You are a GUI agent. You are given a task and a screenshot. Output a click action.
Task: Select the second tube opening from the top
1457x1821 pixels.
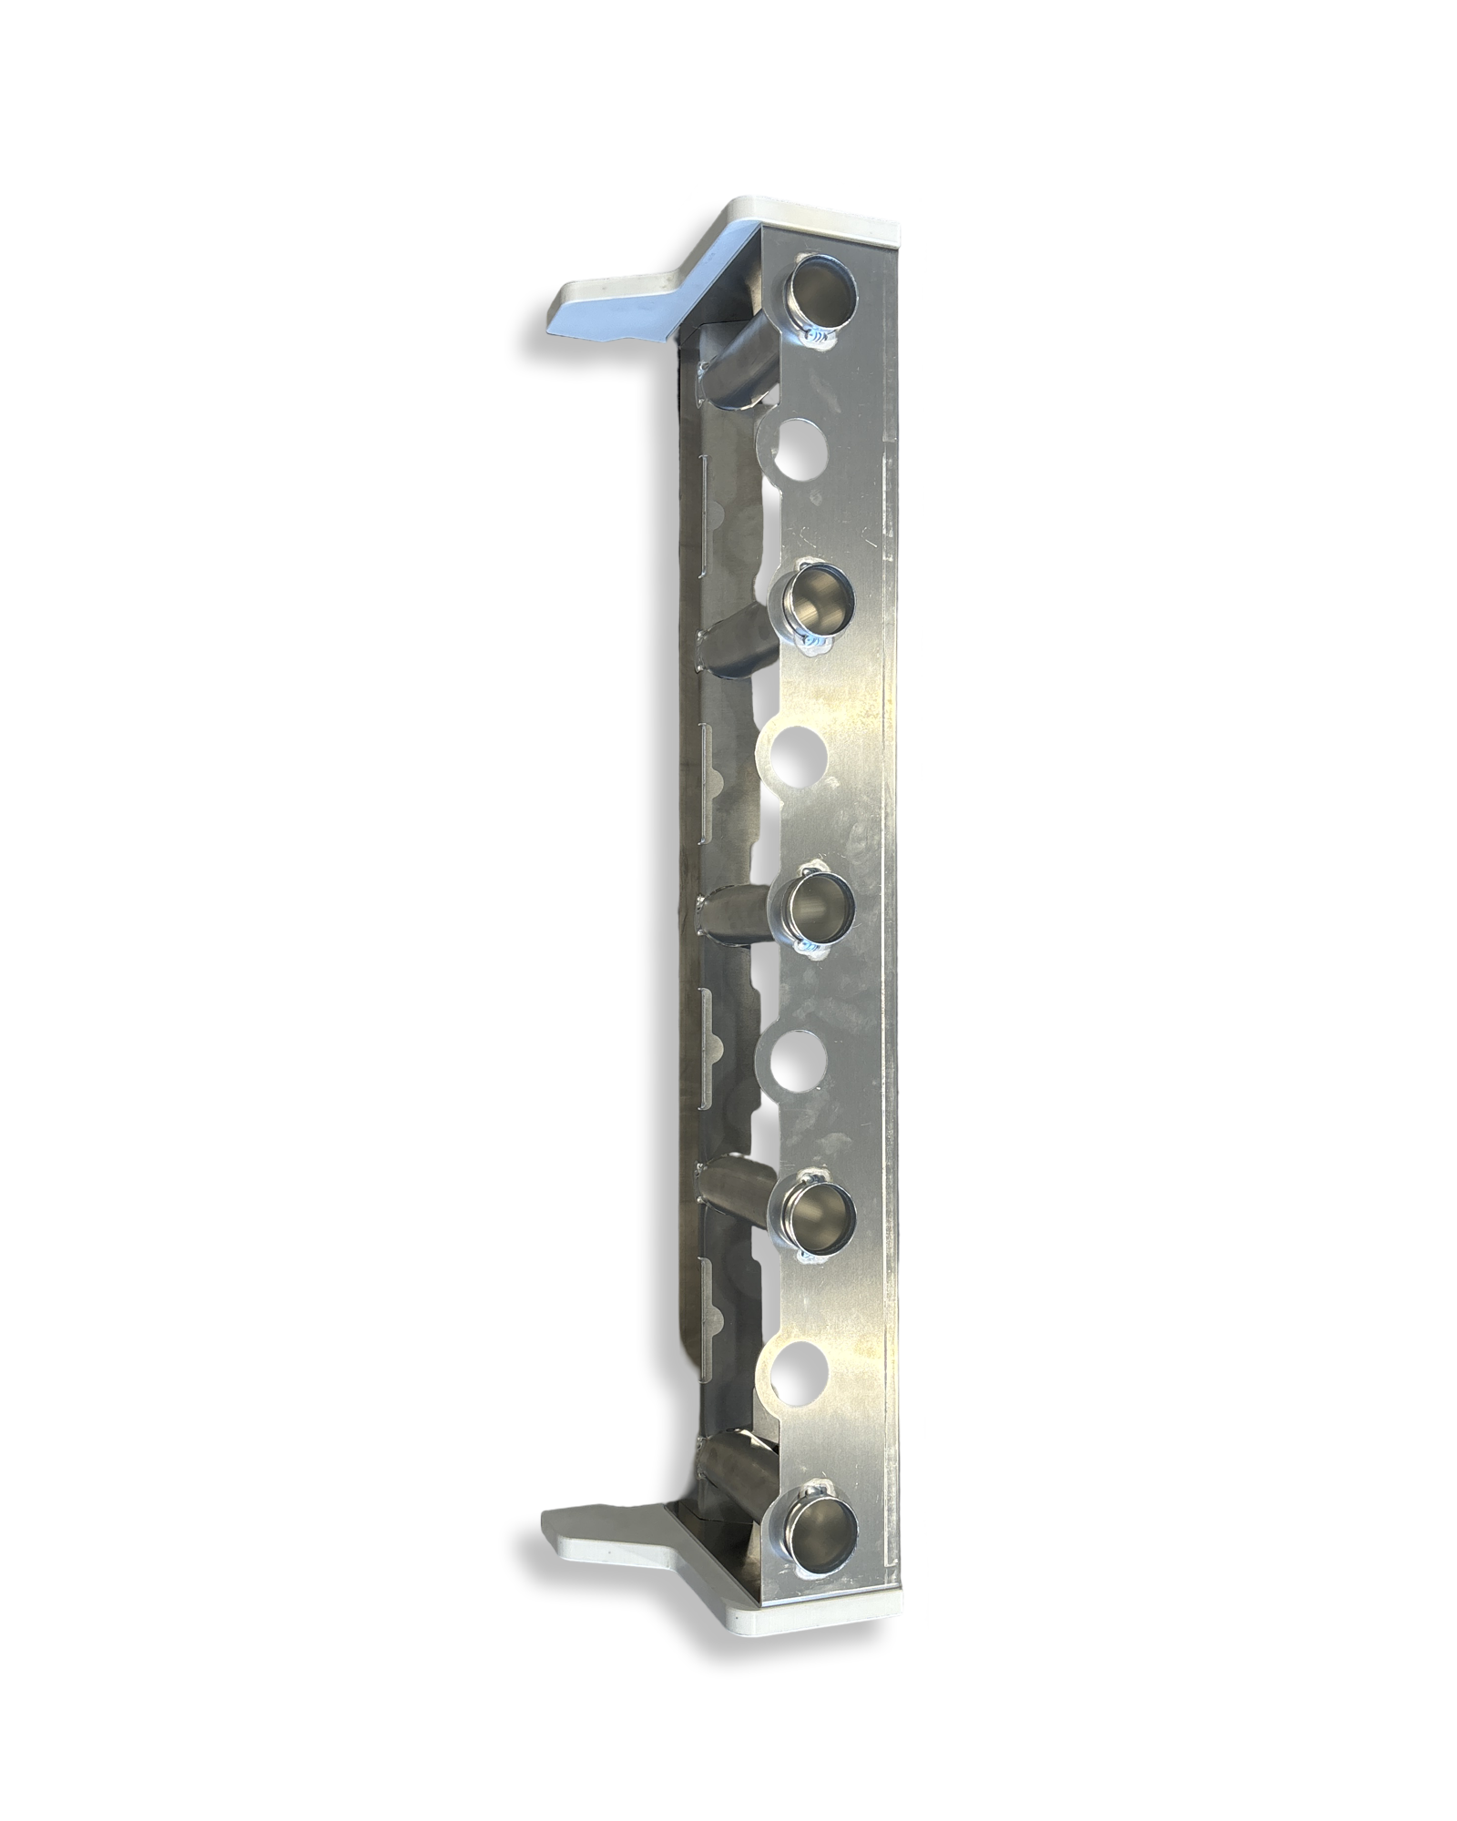814,600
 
